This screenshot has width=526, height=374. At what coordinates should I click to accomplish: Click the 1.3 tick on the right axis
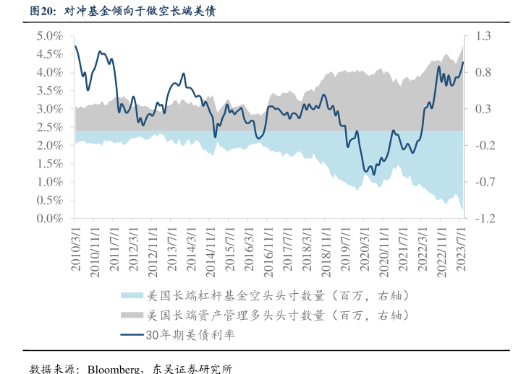[x=483, y=35]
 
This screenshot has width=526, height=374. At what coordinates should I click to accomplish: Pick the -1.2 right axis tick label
[x=483, y=218]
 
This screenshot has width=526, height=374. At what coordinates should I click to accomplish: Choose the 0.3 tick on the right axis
[x=483, y=109]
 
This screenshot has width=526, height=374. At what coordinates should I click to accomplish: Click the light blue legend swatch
[x=131, y=296]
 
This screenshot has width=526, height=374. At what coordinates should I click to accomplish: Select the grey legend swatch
[x=131, y=316]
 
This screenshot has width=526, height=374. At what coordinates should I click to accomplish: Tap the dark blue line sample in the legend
[x=131, y=335]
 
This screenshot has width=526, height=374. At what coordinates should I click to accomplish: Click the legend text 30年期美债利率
[x=191, y=335]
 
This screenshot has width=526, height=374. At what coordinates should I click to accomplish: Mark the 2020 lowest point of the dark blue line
[x=373, y=174]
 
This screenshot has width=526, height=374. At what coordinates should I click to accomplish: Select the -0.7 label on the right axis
[x=483, y=182]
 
